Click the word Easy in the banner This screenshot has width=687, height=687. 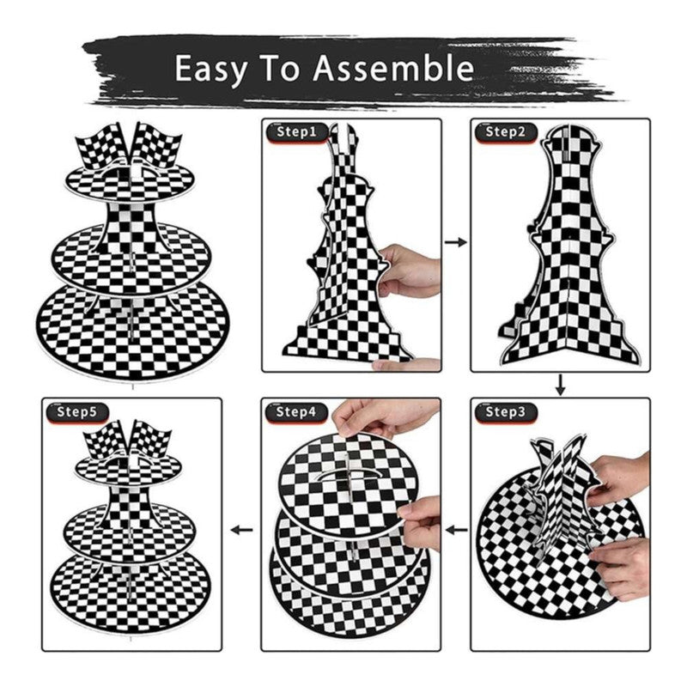coord(210,69)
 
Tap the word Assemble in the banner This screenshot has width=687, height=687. coord(393,68)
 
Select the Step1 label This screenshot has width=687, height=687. coord(296,131)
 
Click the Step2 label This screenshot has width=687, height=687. coord(506,131)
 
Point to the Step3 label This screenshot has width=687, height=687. coord(506,412)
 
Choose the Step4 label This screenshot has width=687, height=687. coord(296,412)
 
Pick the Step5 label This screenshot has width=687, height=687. coord(77,412)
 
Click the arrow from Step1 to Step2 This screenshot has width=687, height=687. coord(456,242)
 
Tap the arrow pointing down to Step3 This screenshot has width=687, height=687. coord(561,384)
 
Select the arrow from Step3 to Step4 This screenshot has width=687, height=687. coord(456,531)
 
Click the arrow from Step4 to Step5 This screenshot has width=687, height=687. coord(242,530)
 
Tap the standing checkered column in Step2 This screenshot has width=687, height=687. coord(568,246)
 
